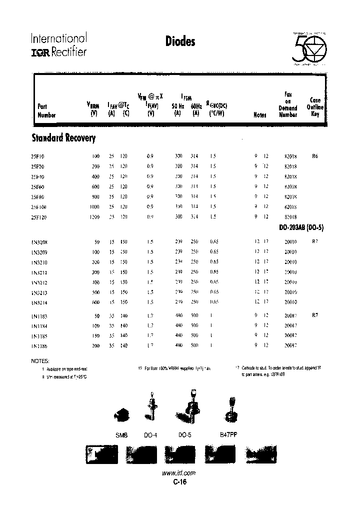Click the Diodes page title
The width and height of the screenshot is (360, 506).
tap(179, 42)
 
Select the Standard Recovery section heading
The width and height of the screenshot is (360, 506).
tap(63, 138)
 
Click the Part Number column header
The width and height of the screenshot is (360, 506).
tap(46, 110)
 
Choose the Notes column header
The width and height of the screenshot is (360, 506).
tap(260, 114)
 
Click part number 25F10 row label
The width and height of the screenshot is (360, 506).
tap(37, 156)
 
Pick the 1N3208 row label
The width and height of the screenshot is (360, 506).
tap(39, 241)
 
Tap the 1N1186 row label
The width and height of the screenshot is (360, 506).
tap(39, 345)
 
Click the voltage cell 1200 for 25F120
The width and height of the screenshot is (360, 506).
tap(94, 216)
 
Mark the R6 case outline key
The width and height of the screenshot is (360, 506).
tap(315, 156)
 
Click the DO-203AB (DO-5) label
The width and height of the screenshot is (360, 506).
tap(301, 227)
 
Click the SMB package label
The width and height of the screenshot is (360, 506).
tap(121, 435)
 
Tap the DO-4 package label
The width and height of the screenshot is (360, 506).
tap(150, 435)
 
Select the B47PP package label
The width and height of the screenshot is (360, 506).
tap(228, 435)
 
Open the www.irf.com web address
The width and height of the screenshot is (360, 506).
tap(179, 473)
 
